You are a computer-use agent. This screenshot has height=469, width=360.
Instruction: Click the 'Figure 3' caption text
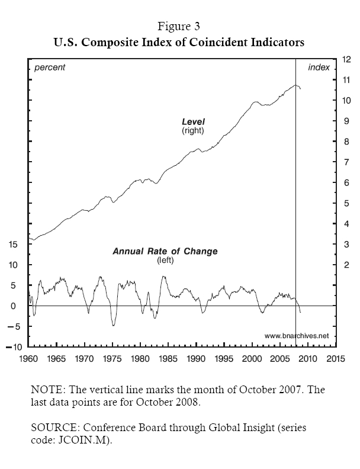pos(179,27)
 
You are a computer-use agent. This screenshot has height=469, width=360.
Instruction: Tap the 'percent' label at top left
pos(50,68)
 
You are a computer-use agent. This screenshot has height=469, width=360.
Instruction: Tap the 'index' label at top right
pos(319,68)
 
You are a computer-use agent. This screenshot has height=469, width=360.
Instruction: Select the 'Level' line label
pos(192,122)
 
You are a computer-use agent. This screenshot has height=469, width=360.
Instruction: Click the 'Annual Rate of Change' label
pos(165,251)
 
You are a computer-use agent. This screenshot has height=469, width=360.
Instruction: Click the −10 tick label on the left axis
pos(14,347)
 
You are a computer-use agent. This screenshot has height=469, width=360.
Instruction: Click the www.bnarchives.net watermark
pos(296,336)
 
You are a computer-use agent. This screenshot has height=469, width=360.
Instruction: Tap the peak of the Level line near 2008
pos(295,85)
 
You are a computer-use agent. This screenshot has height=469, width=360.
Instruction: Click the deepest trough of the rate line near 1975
pos(113,325)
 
